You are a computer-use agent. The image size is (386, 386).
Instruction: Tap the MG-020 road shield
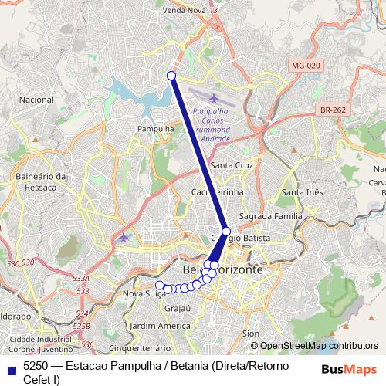pos(306,66)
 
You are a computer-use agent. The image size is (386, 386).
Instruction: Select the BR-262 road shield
pos(331,110)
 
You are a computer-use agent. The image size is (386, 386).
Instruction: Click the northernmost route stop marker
pos(171,75)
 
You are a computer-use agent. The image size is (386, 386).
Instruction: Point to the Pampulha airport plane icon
pos(214,98)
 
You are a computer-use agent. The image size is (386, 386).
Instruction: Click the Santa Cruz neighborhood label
pos(232,166)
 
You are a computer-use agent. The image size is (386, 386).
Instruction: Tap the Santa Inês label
pos(302,191)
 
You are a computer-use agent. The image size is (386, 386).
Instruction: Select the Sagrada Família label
pos(267,217)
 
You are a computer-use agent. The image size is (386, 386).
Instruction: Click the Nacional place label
pos(36,100)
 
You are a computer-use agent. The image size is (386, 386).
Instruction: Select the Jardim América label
pos(160,326)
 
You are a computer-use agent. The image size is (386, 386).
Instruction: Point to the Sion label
pos(251,334)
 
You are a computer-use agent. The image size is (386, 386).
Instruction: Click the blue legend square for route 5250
pos(10,367)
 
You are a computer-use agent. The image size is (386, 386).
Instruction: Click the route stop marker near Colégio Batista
pos(226,231)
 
